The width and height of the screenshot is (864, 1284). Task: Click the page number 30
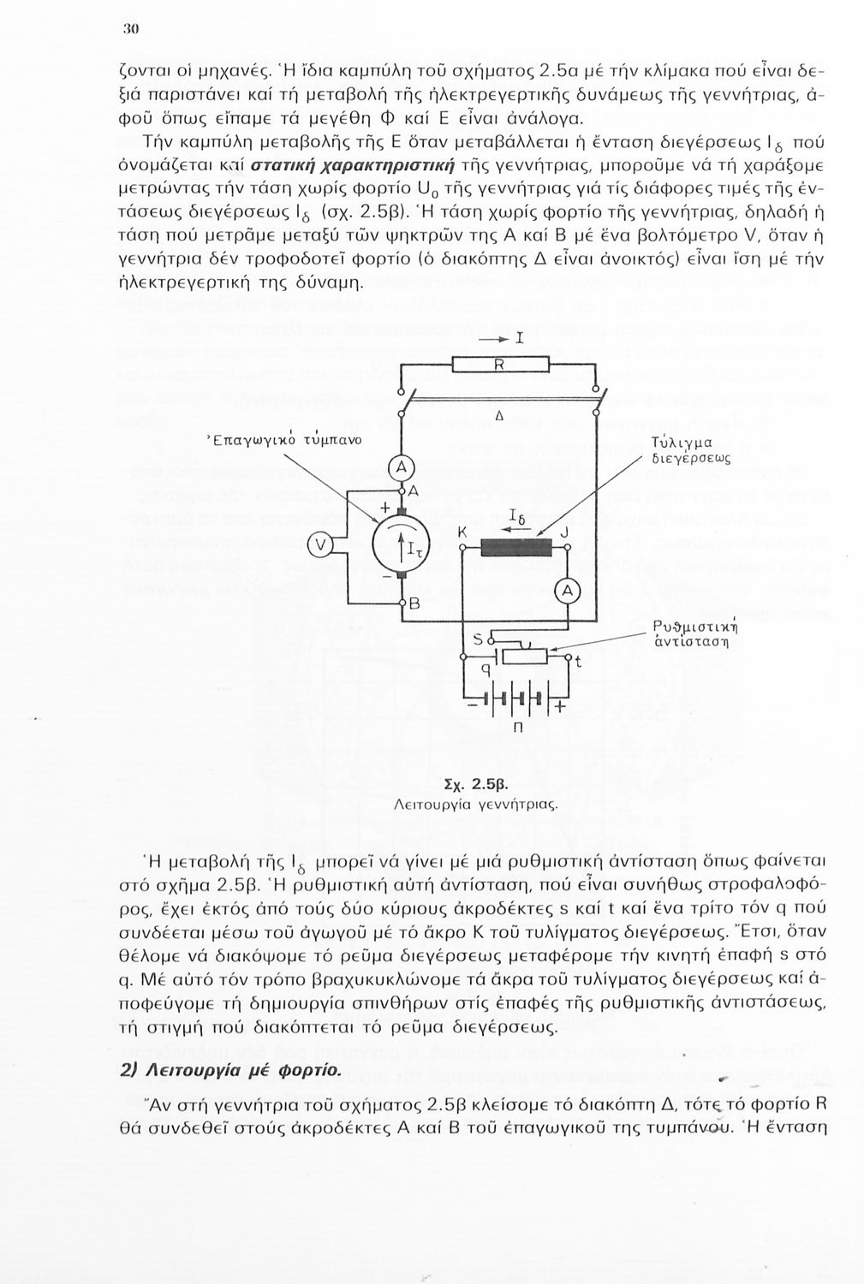[x=131, y=27]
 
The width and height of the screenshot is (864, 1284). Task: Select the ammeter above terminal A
[x=402, y=467]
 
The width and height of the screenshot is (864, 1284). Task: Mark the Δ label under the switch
[x=498, y=416]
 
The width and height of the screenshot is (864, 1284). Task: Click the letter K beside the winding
[x=462, y=532]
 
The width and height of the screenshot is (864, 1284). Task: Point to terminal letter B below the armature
[x=414, y=604]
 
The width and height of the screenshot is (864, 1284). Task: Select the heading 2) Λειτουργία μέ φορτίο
[x=231, y=1071]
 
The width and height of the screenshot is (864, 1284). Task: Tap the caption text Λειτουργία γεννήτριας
[x=476, y=805]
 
